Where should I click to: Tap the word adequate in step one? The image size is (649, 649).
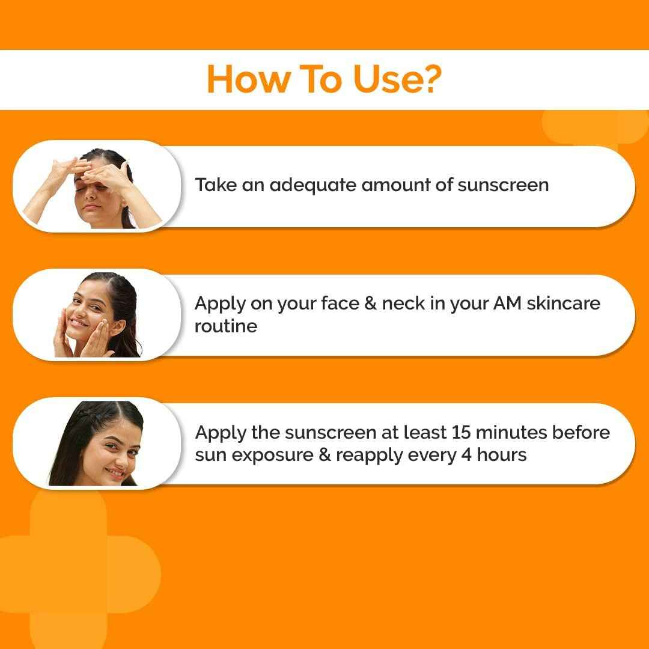point(312,184)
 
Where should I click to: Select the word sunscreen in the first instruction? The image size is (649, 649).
point(503,184)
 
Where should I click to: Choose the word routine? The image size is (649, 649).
point(225,326)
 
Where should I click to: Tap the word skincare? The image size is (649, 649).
point(563,303)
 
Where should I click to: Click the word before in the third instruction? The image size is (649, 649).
point(581,432)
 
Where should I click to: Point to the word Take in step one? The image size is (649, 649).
point(215,184)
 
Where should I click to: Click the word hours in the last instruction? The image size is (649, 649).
point(502,455)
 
